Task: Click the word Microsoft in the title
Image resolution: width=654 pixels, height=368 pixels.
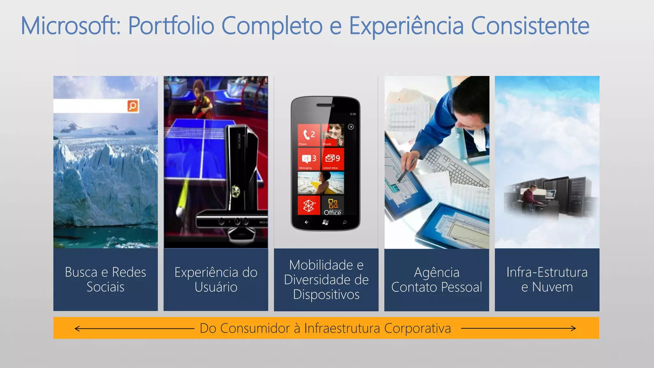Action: tap(70, 26)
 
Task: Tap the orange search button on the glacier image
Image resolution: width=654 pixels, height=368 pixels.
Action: tap(133, 106)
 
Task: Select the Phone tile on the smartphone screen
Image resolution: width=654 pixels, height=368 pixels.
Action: tap(309, 135)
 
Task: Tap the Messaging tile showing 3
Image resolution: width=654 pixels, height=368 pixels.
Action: tap(309, 159)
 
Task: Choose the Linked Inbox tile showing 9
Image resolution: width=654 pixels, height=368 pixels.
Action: tap(333, 159)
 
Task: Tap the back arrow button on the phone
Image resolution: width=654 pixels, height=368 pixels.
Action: tap(307, 222)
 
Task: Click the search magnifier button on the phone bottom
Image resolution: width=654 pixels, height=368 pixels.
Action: tap(345, 222)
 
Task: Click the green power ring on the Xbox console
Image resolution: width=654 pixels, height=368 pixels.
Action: tap(236, 191)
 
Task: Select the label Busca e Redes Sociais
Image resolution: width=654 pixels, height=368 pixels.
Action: tap(105, 280)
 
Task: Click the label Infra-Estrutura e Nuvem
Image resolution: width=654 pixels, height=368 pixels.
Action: tap(547, 280)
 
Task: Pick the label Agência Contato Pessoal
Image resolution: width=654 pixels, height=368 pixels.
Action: tap(437, 280)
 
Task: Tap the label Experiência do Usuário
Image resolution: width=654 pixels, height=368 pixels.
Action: tap(216, 280)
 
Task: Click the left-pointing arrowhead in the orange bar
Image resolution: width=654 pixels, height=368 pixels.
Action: tap(77, 328)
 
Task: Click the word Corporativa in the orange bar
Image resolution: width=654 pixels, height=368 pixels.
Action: tap(417, 328)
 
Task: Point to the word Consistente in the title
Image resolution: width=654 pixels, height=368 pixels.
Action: tap(530, 26)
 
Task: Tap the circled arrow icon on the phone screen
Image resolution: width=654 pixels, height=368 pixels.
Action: tap(351, 127)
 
